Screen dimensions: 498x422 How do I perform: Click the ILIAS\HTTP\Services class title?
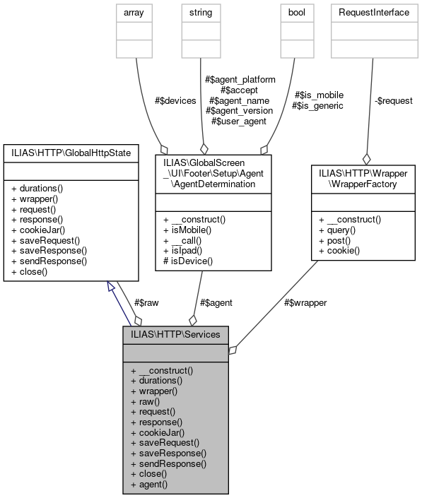pos(175,334)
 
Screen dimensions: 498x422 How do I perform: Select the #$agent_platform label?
pos(240,80)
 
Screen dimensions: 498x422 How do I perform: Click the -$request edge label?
pos(393,100)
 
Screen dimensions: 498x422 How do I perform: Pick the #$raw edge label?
pos(146,302)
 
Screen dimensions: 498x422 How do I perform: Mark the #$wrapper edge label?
pos(306,302)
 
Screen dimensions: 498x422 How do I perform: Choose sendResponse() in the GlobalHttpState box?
pos(49,261)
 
